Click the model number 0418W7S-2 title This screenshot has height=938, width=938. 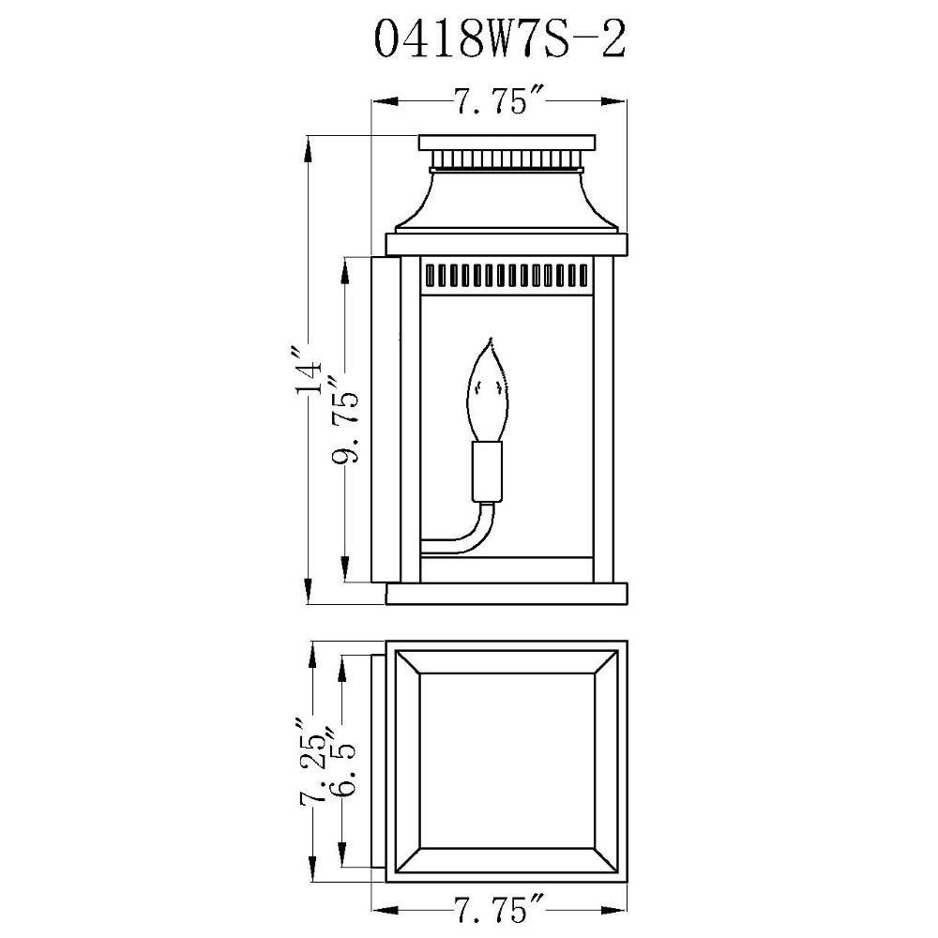point(500,39)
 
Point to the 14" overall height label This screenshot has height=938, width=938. point(310,370)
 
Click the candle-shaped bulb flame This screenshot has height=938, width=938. point(488,390)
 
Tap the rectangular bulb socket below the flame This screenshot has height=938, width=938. point(487,472)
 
